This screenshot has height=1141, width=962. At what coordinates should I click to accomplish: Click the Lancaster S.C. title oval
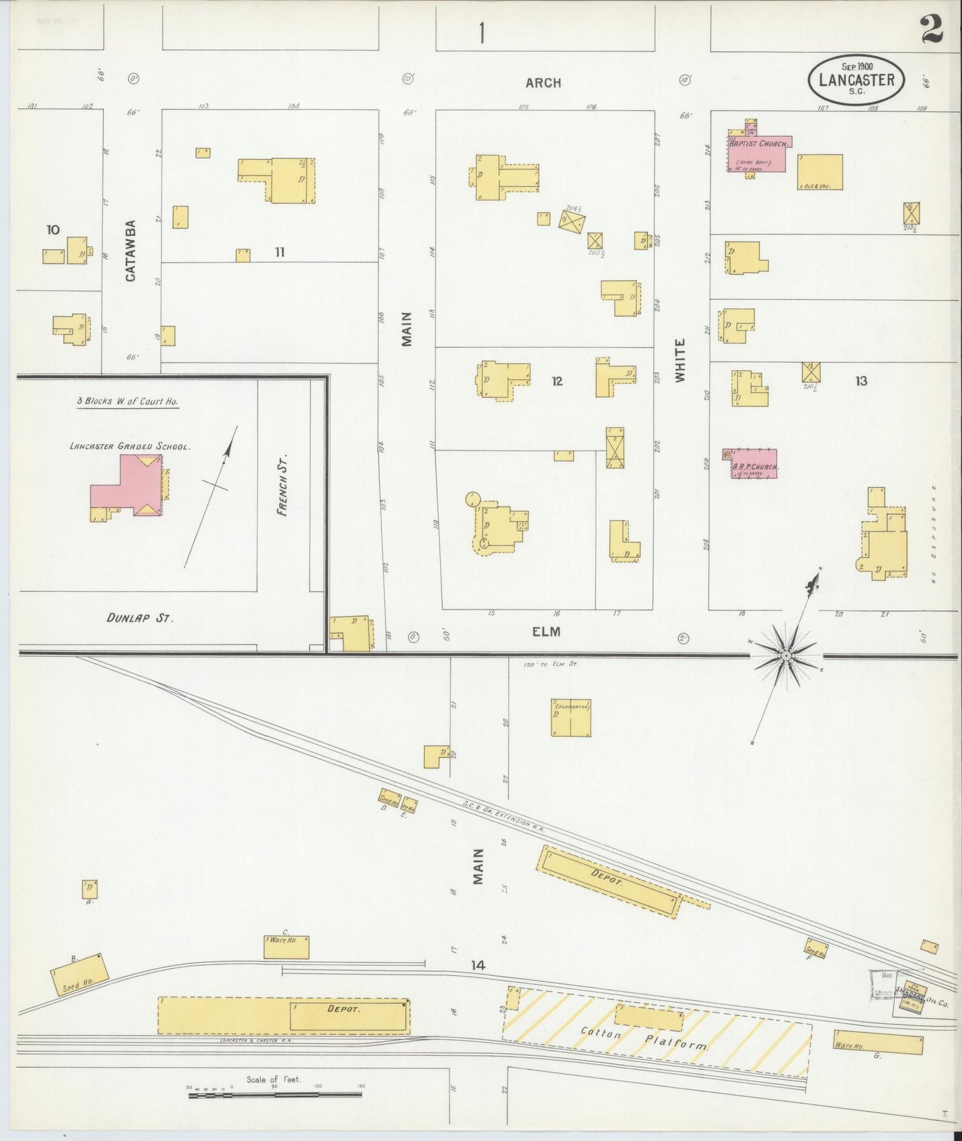tap(856, 79)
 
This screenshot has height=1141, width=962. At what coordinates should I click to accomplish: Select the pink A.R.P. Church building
tap(754, 463)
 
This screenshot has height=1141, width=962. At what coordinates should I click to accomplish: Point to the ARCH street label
tap(543, 83)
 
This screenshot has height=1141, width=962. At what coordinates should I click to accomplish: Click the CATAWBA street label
tap(130, 250)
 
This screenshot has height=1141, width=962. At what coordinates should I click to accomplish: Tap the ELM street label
tap(546, 631)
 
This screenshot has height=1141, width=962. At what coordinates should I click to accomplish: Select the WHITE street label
tap(680, 360)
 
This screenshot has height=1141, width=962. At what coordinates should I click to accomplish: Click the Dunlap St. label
tap(140, 618)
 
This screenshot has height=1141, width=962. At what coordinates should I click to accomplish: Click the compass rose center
tap(786, 656)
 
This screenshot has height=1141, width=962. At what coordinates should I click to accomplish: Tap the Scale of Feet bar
tap(274, 1092)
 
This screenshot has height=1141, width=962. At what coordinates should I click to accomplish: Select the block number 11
tap(279, 252)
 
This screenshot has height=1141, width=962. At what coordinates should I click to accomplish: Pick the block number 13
tap(861, 381)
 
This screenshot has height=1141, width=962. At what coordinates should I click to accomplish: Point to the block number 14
tap(478, 965)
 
